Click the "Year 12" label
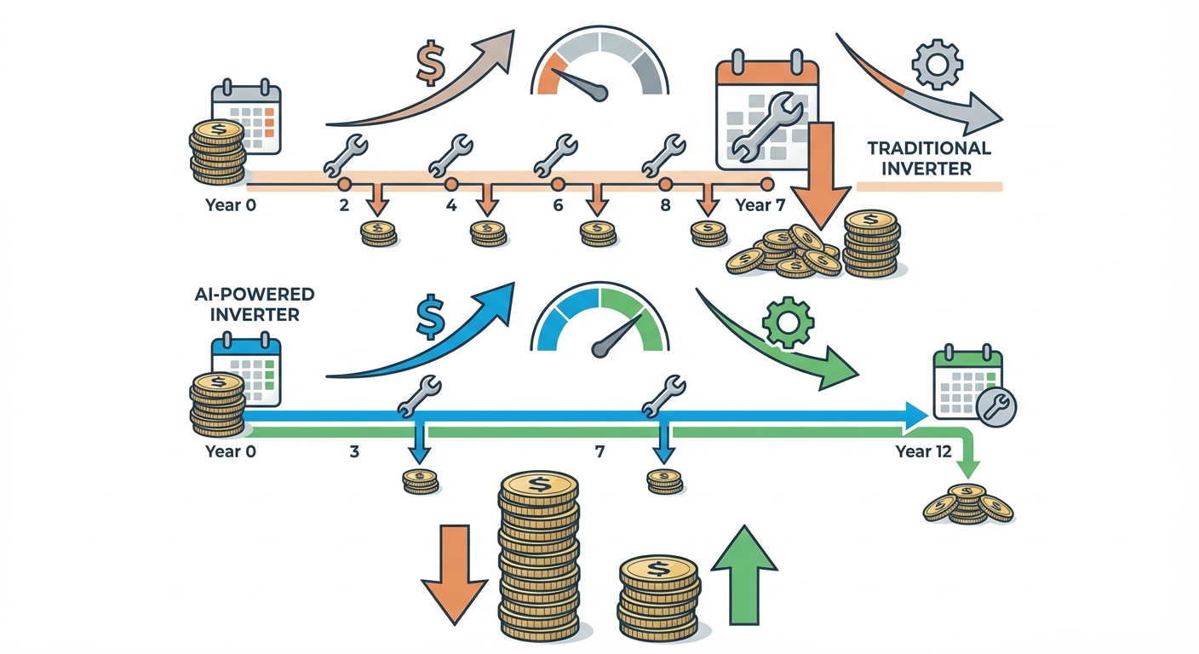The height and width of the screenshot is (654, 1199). pos(923,451)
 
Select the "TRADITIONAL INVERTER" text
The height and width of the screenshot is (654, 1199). pos(929,158)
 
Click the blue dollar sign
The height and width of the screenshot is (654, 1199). pos(430,318)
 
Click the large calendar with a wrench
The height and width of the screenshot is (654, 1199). pos(766,111)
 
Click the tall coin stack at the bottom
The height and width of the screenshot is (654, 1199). pos(538,562)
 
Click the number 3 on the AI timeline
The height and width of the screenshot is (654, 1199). pos(354,451)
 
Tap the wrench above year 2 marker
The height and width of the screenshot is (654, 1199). pos(344,153)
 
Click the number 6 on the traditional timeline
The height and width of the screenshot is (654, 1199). pos(558,205)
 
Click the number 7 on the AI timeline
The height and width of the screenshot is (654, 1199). pos(599,451)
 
